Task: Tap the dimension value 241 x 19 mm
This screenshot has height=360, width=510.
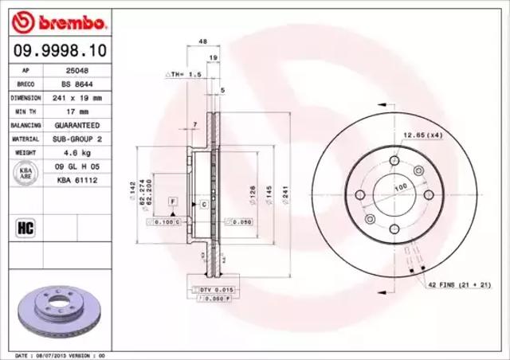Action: pos(76,97)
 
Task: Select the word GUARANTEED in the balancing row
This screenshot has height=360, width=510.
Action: pos(76,126)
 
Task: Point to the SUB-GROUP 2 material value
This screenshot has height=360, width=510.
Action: pos(76,139)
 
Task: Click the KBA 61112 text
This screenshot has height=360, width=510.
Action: pos(76,181)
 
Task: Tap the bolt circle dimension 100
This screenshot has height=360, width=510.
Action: pos(400,187)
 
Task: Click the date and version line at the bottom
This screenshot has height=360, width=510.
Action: pos(61,354)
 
